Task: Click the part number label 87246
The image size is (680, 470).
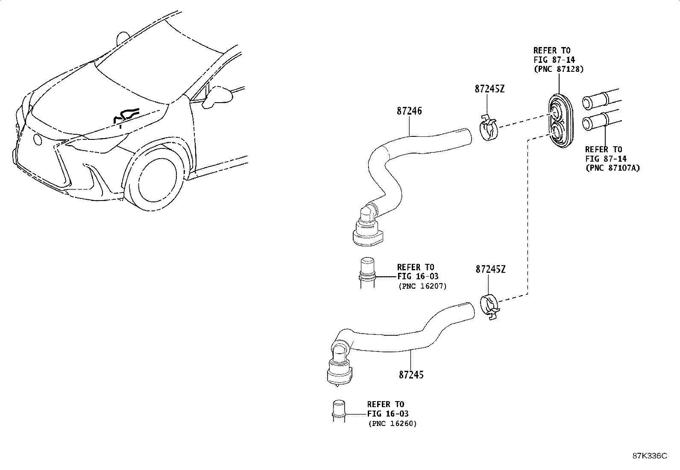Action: coord(409,111)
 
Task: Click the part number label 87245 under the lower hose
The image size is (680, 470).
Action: coord(411,375)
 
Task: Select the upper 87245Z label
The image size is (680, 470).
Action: coord(489,89)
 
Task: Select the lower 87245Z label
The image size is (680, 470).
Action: coord(490,269)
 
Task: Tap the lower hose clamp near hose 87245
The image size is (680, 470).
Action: coord(490,307)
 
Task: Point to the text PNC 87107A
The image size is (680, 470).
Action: coord(612,168)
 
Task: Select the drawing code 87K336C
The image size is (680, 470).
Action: coord(649,456)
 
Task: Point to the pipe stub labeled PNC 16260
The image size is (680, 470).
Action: coord(338,411)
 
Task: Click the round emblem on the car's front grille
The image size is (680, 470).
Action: coord(37,139)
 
